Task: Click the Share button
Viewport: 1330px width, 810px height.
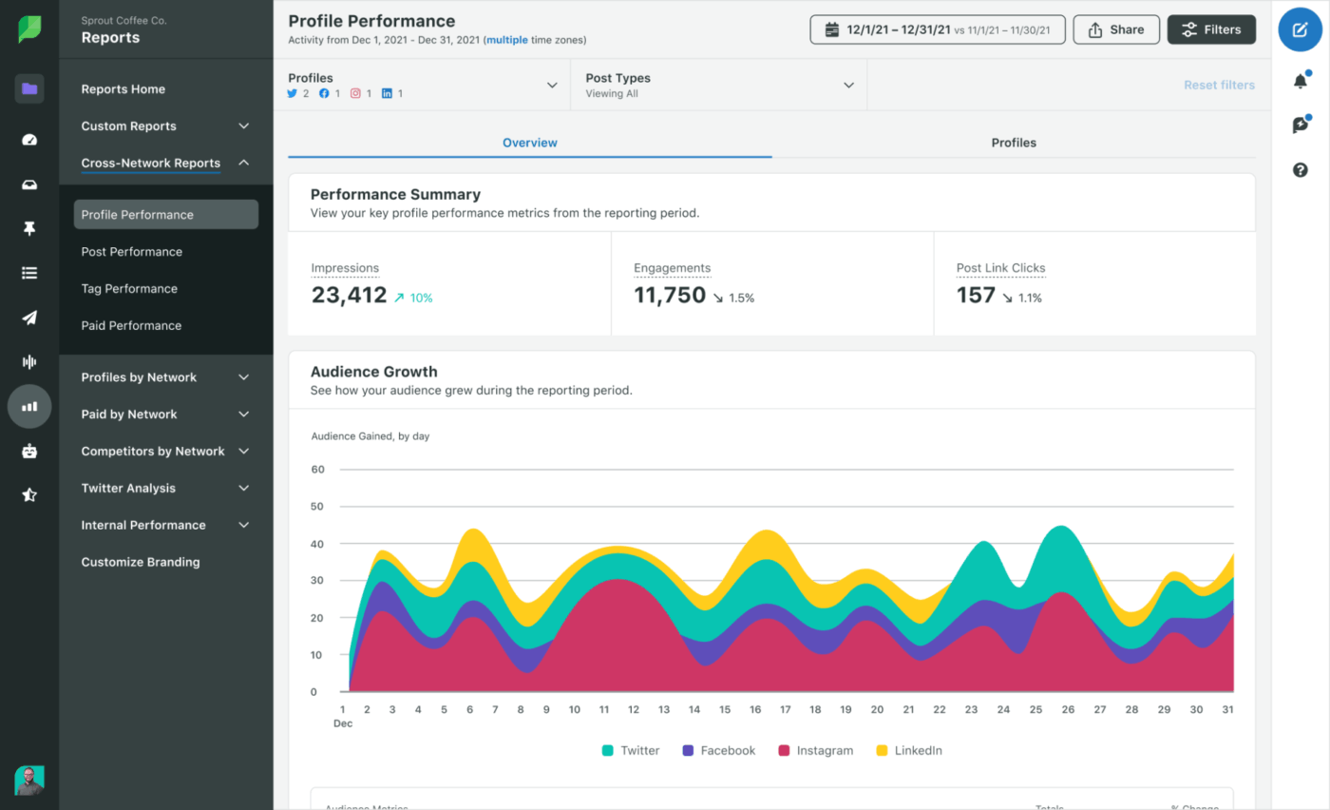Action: tap(1116, 29)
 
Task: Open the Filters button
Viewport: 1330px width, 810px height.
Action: tap(1211, 29)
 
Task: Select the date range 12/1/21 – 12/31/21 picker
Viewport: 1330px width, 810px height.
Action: tap(937, 29)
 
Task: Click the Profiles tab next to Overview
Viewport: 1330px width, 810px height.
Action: tap(1014, 143)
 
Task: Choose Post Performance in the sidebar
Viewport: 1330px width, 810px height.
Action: tap(131, 252)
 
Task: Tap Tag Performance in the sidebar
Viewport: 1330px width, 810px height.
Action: tap(129, 289)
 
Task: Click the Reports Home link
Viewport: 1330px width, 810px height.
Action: tap(123, 89)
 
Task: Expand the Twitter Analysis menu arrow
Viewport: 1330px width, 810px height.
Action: tap(243, 489)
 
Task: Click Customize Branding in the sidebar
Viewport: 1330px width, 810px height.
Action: tap(141, 562)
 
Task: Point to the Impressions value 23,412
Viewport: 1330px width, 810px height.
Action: tap(349, 296)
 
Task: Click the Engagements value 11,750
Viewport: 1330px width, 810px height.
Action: tap(670, 296)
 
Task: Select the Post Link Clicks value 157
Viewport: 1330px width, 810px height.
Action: tap(976, 296)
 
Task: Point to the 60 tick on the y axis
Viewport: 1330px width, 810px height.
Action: tap(318, 470)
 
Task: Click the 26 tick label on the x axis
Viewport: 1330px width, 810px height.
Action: tap(1068, 709)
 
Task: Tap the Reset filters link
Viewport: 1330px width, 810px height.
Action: tap(1219, 86)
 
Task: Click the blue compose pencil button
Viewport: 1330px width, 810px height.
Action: tap(1301, 29)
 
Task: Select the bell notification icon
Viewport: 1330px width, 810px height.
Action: tap(1301, 81)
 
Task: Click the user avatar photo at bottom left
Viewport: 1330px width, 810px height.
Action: tap(29, 780)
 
